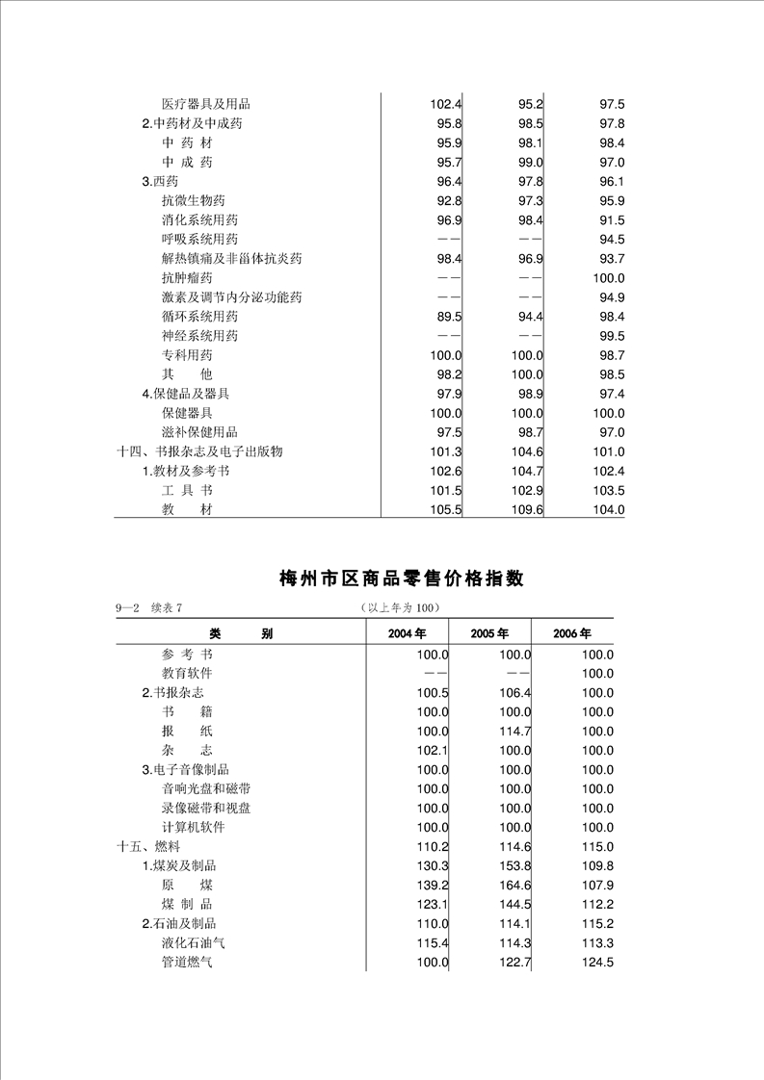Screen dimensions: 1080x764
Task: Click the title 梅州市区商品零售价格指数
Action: (401, 579)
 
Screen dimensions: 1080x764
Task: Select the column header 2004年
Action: (407, 633)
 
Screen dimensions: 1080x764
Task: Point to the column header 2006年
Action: (572, 633)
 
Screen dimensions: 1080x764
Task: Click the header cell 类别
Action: (240, 633)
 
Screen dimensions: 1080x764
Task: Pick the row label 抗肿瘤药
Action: (187, 278)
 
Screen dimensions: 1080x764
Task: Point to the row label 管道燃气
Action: (187, 963)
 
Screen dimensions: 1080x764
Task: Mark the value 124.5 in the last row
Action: (597, 963)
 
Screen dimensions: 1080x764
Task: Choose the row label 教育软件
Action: (187, 674)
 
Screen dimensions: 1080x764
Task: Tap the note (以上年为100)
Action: (400, 607)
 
